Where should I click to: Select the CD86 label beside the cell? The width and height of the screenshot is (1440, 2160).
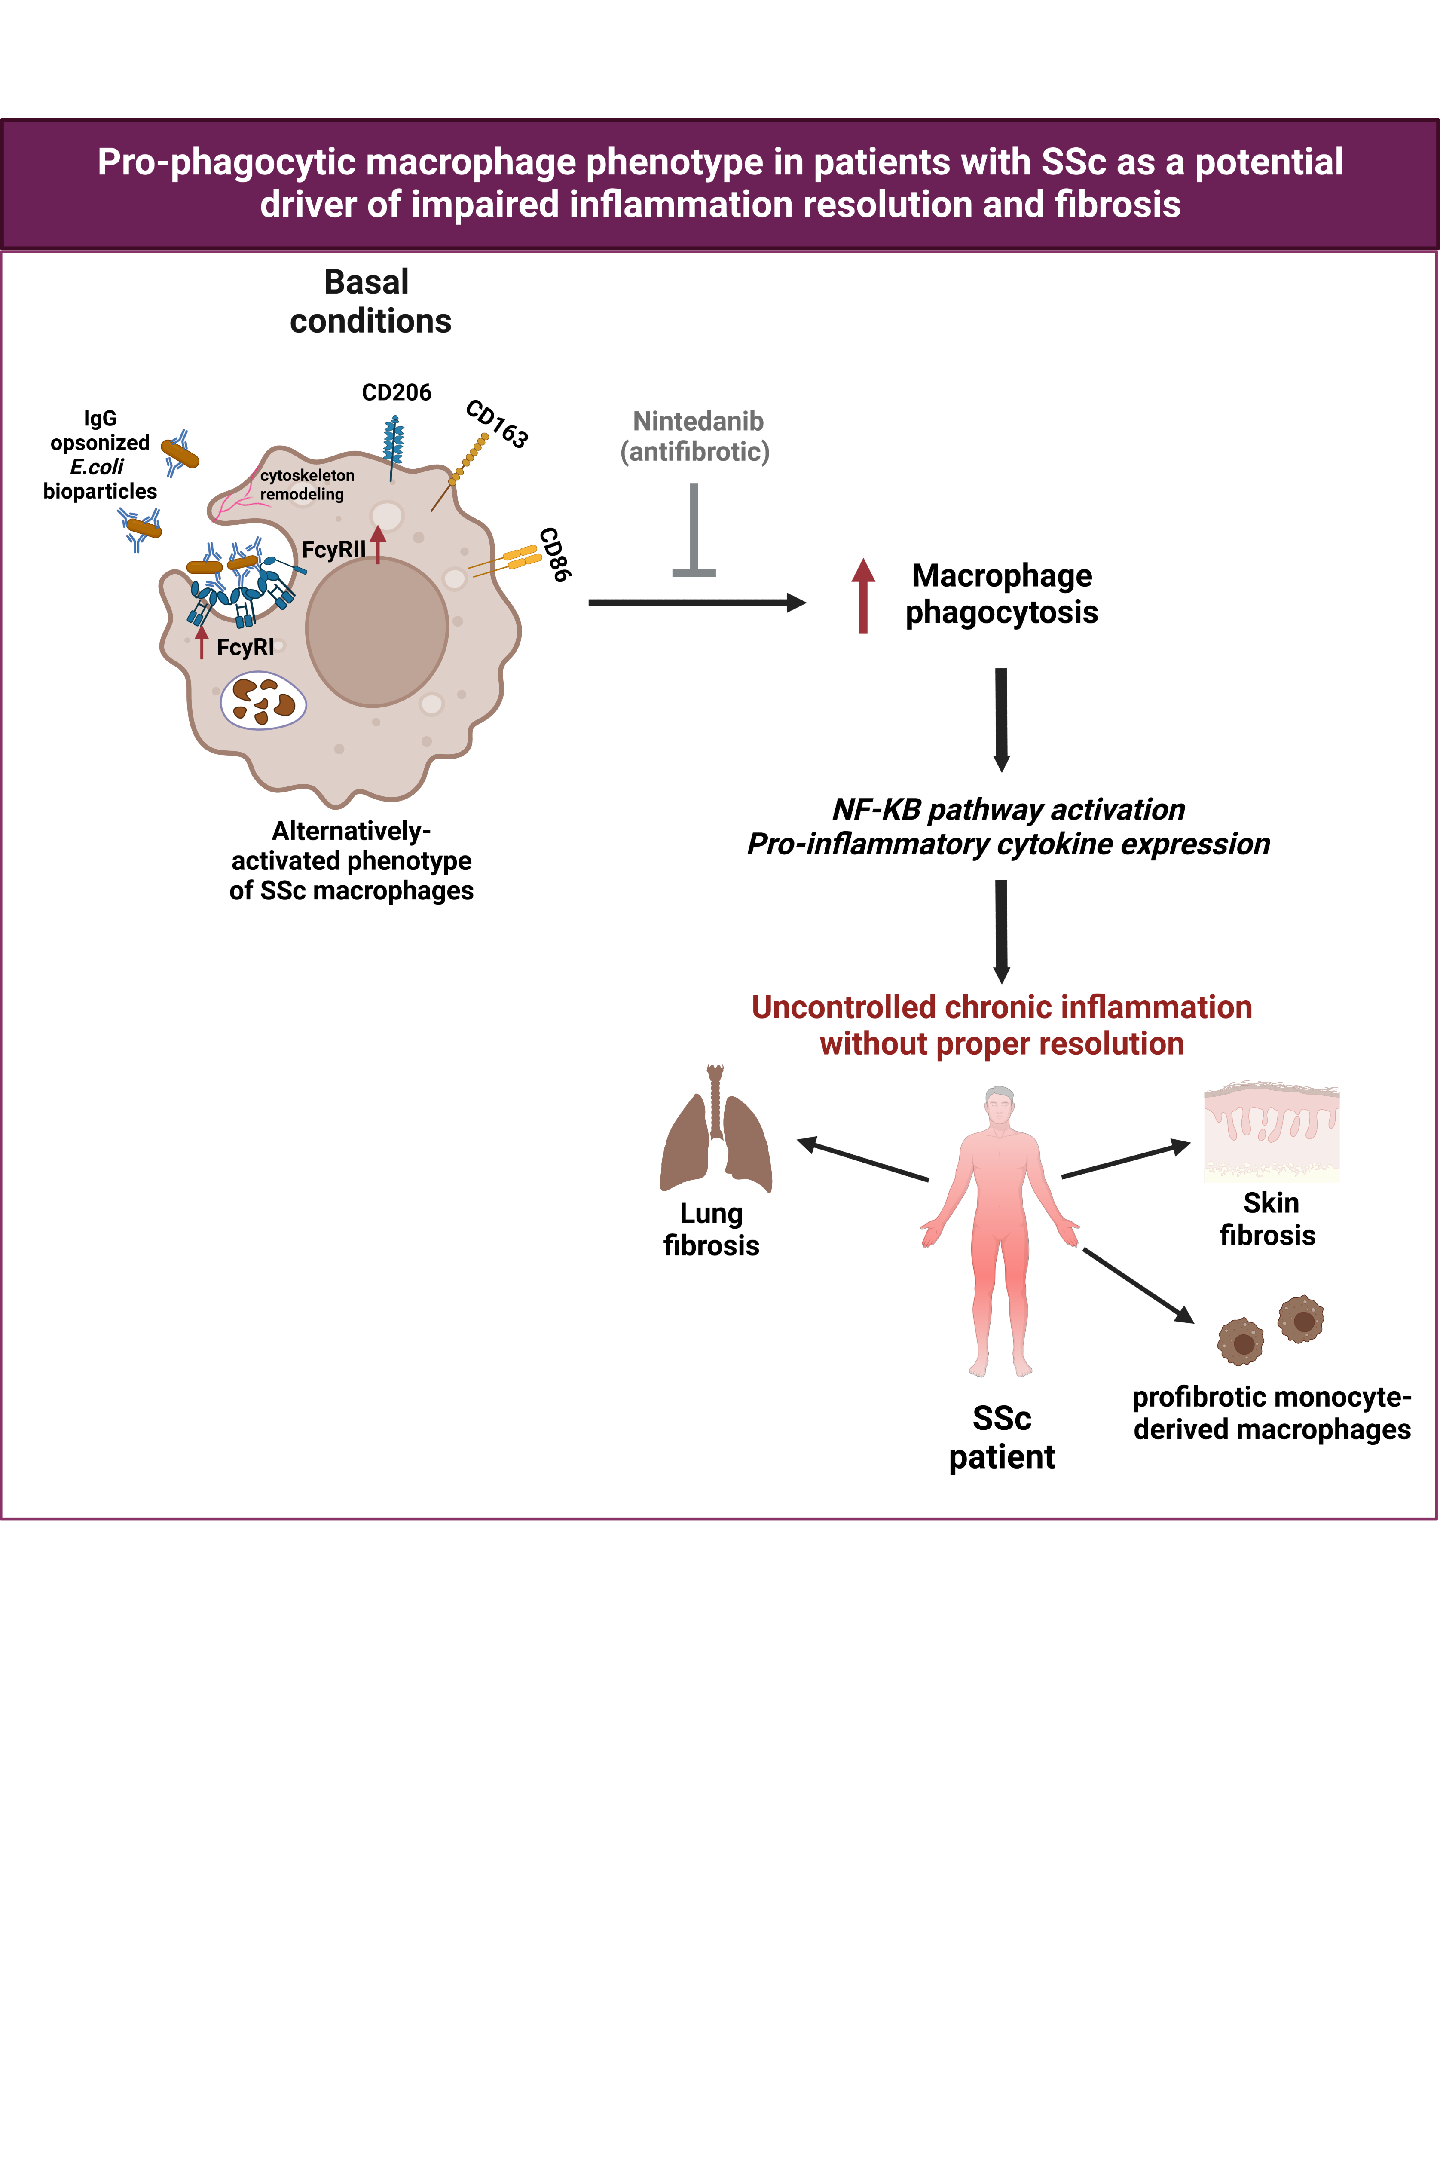[555, 555]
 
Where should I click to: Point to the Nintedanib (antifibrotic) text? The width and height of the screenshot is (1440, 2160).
[696, 436]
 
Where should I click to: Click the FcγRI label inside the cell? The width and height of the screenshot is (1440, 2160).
[245, 648]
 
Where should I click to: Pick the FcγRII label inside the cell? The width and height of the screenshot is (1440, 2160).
[333, 550]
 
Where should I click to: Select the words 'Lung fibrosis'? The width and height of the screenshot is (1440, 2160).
[712, 1230]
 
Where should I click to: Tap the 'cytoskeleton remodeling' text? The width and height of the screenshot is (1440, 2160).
[307, 485]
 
